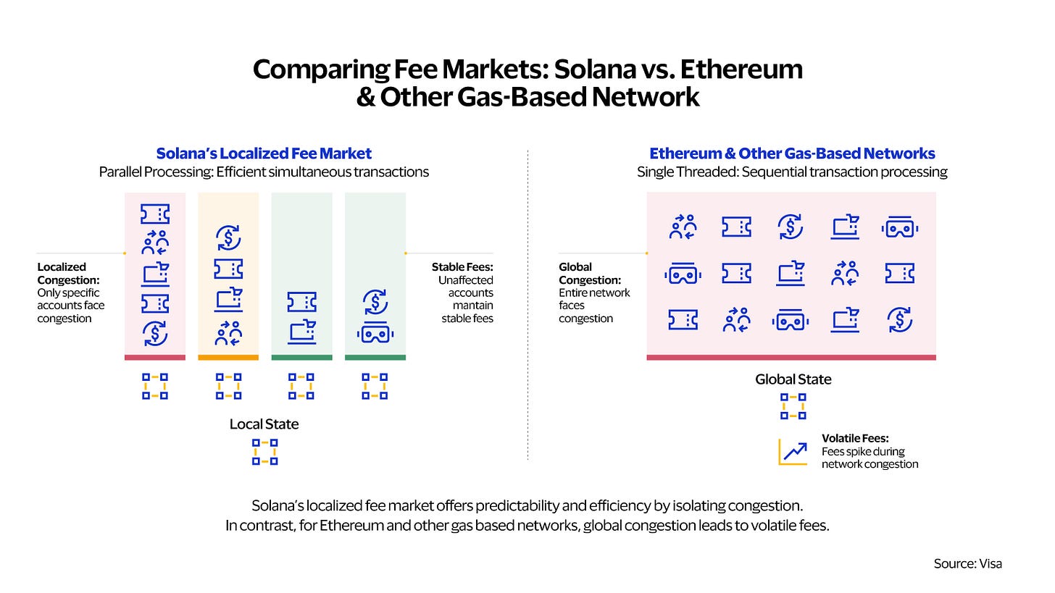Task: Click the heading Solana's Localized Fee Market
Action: pyautogui.click(x=264, y=153)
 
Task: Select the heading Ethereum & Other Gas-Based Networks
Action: pyautogui.click(x=792, y=153)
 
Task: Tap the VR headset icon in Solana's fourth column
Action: pyautogui.click(x=375, y=333)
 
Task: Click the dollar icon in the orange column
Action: pyautogui.click(x=228, y=237)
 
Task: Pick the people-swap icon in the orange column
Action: pyautogui.click(x=228, y=333)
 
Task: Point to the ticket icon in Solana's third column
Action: pyautogui.click(x=302, y=302)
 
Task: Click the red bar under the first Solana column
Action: pyautogui.click(x=155, y=358)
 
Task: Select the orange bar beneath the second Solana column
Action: pyautogui.click(x=228, y=358)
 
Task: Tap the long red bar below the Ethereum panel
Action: pyautogui.click(x=791, y=358)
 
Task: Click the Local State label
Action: pyautogui.click(x=264, y=424)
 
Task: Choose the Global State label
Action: pyautogui.click(x=793, y=379)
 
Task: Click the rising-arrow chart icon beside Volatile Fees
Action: pyautogui.click(x=793, y=452)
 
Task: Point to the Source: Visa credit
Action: pyautogui.click(x=968, y=563)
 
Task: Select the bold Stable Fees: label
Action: pyautogui.click(x=462, y=267)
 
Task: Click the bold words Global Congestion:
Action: pyautogui.click(x=590, y=274)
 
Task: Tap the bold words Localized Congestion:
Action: pyautogui.click(x=68, y=274)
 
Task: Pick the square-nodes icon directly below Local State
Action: pyautogui.click(x=264, y=453)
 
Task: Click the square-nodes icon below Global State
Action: pyautogui.click(x=793, y=407)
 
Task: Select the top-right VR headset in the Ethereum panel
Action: pyautogui.click(x=900, y=228)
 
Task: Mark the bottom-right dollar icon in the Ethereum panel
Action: pyautogui.click(x=900, y=320)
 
